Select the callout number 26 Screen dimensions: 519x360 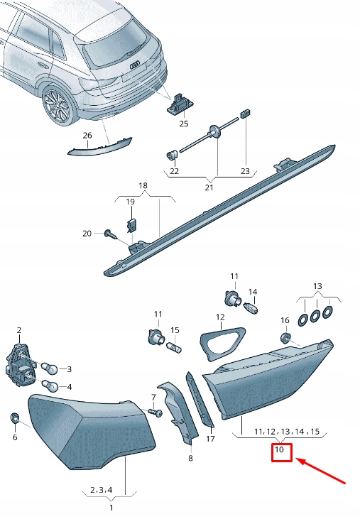87,135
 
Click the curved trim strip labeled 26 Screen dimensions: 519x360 99,146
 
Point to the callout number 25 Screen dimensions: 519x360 184,124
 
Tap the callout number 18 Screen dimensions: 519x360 143,185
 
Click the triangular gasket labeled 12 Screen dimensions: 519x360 222,340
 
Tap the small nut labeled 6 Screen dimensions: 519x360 14,417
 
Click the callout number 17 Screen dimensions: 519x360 210,439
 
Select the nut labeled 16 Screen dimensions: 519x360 285,337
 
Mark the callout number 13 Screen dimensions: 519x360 316,285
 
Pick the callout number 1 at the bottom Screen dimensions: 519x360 111,508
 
